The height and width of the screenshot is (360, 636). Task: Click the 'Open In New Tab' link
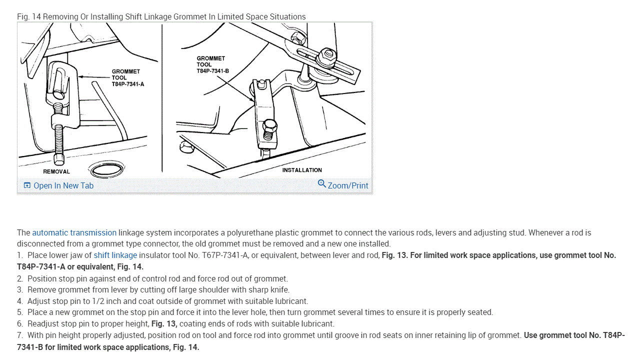(63, 185)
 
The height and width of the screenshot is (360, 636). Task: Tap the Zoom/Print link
(347, 185)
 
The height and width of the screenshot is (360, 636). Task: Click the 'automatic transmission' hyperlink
(74, 232)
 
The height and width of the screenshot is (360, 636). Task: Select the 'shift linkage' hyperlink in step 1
(115, 255)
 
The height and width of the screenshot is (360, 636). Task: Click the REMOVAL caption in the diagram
(56, 171)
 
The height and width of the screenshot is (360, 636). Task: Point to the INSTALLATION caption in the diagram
(302, 170)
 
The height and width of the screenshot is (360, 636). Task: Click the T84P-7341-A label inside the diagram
(127, 84)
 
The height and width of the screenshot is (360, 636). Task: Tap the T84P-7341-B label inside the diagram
(212, 71)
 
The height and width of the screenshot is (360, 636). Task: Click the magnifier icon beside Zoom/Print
(322, 184)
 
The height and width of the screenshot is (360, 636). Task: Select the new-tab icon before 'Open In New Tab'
(27, 185)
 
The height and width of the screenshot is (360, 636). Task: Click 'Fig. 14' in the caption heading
(28, 16)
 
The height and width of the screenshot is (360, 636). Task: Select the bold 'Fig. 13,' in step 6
(164, 323)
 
